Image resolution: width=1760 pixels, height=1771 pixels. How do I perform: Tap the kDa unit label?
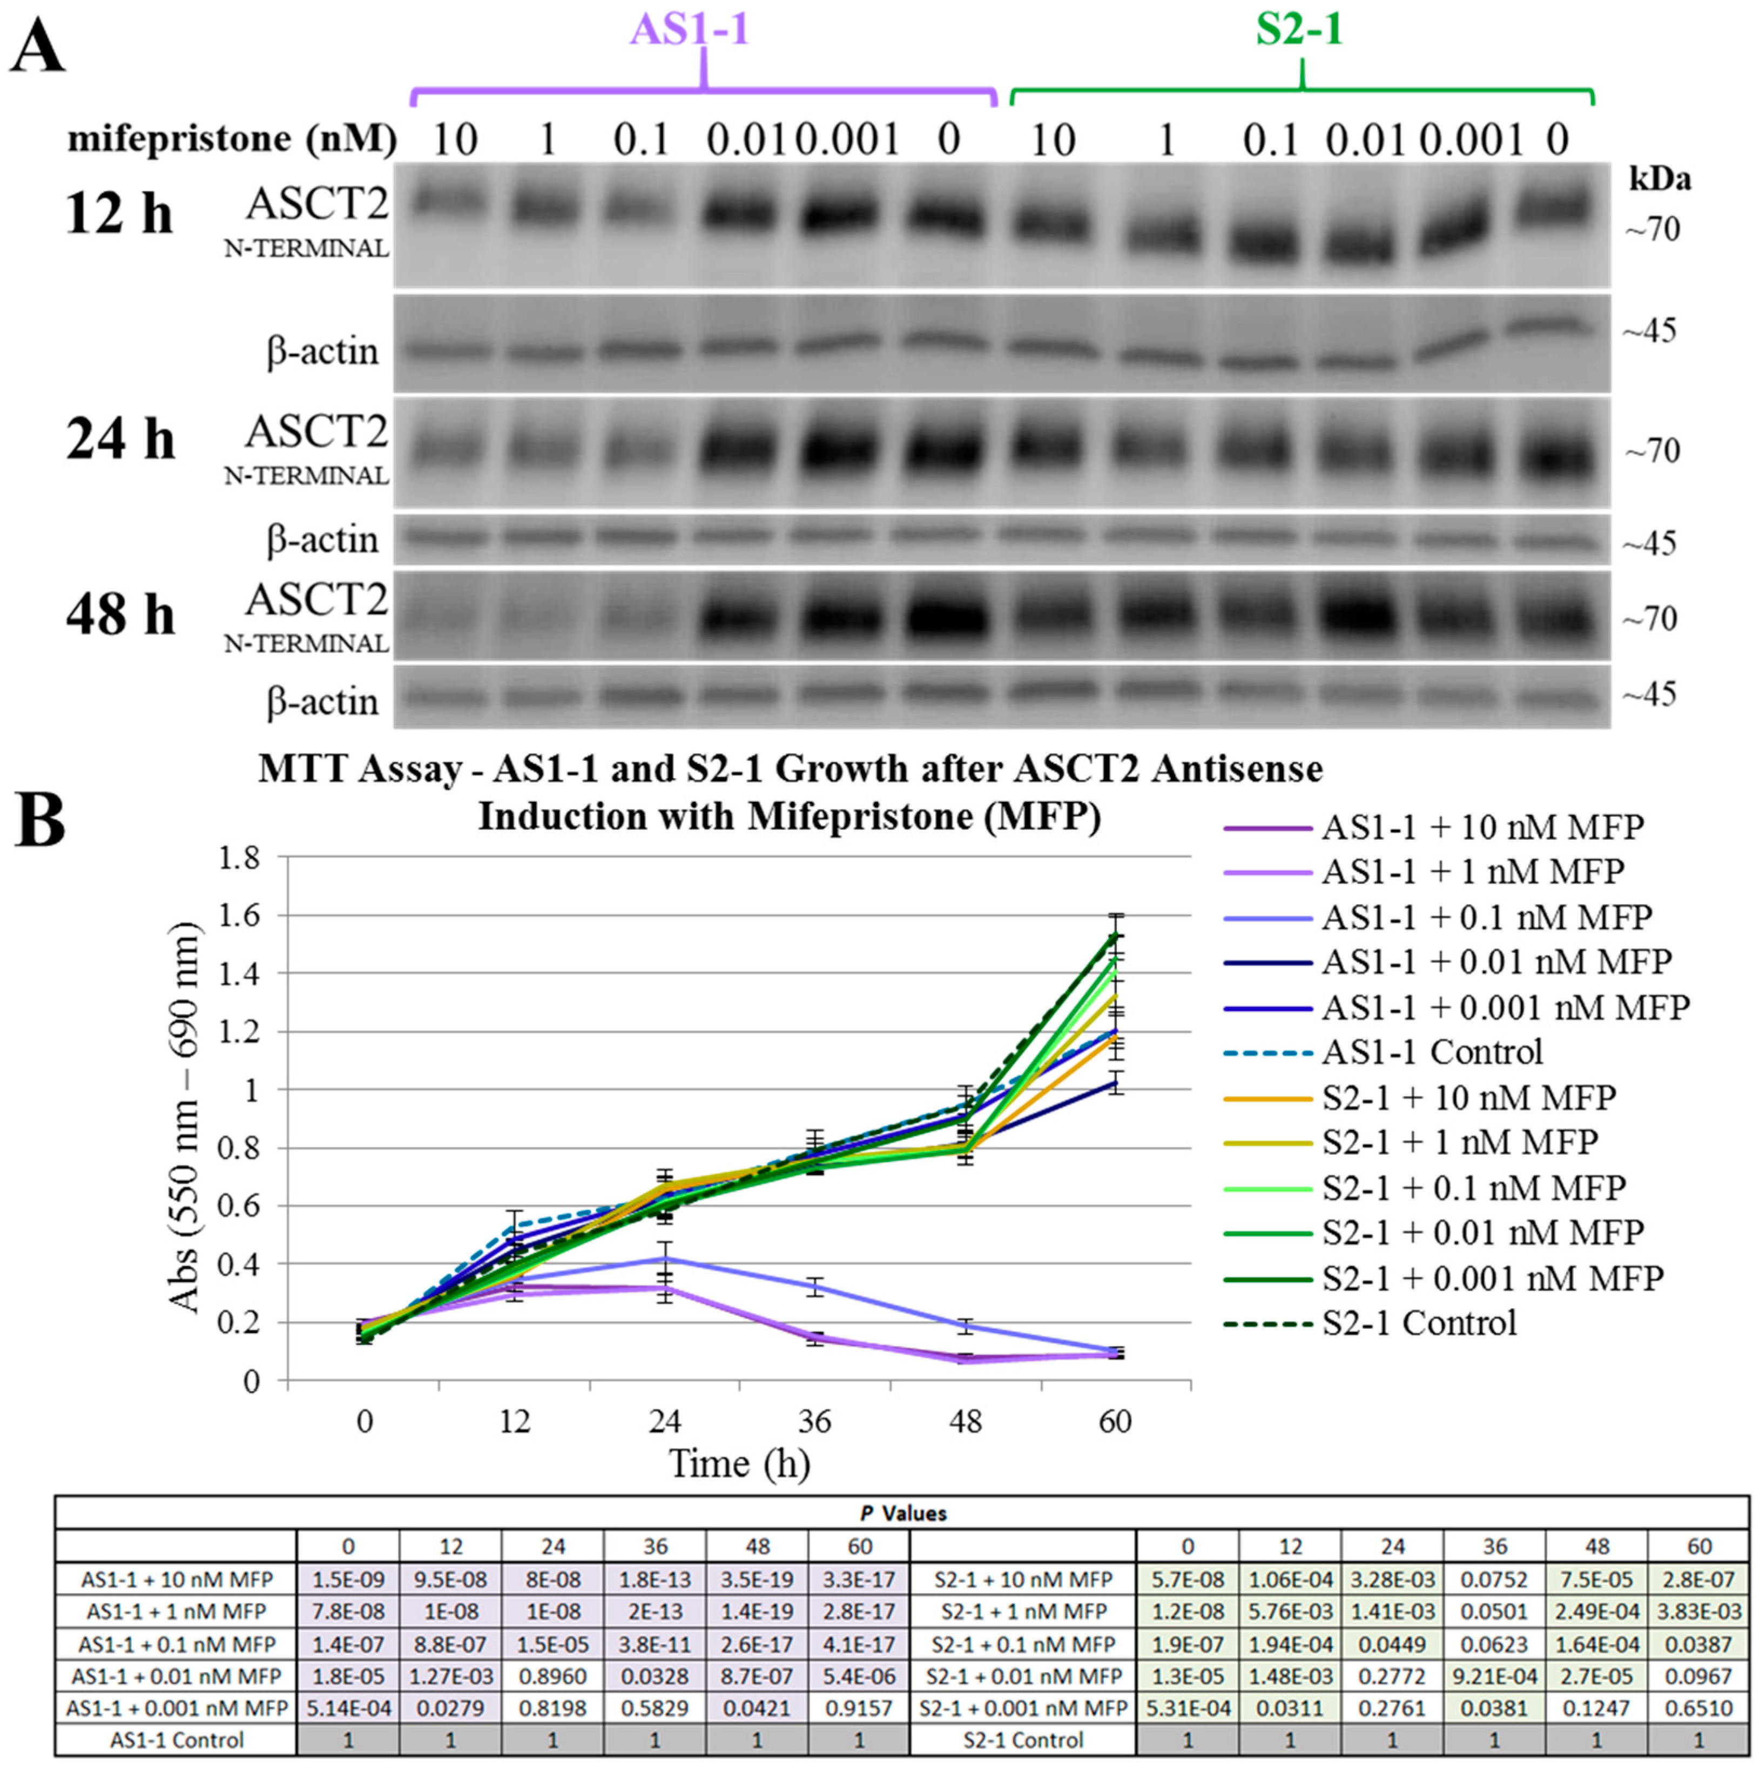pyautogui.click(x=1659, y=180)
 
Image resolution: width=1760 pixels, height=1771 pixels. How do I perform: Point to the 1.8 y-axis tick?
pyautogui.click(x=238, y=859)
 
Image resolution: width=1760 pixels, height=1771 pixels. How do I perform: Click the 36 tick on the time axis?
pyautogui.click(x=814, y=1422)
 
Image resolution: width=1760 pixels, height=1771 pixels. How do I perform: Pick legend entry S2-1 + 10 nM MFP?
pyautogui.click(x=1468, y=1097)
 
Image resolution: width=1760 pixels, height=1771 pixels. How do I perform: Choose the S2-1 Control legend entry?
pyautogui.click(x=1419, y=1323)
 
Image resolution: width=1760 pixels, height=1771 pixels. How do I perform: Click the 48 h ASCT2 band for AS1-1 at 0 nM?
pyautogui.click(x=948, y=618)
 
